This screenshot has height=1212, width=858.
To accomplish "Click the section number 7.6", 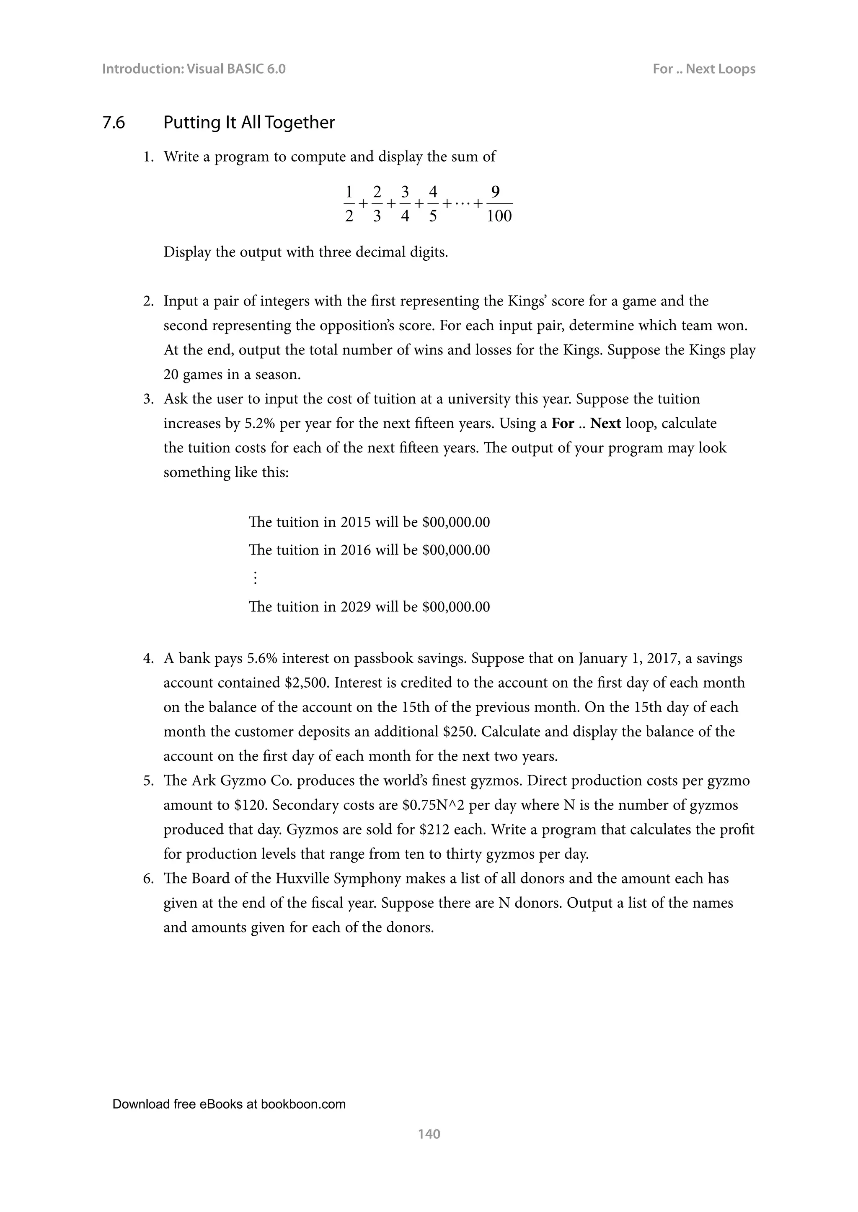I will click(x=114, y=123).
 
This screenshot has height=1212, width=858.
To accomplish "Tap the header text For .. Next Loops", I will click(x=704, y=69).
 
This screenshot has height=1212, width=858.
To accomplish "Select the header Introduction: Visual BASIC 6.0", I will click(x=194, y=69).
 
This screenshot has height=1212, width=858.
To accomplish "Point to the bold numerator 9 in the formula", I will click(x=495, y=191).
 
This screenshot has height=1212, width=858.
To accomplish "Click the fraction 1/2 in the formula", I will click(x=349, y=204).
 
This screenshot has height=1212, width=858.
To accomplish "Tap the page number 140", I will click(x=429, y=1133).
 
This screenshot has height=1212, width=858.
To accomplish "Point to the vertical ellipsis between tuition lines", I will click(x=255, y=578).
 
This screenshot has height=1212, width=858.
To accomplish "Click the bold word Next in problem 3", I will click(x=605, y=424).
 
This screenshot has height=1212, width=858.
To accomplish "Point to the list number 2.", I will click(x=148, y=301).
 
